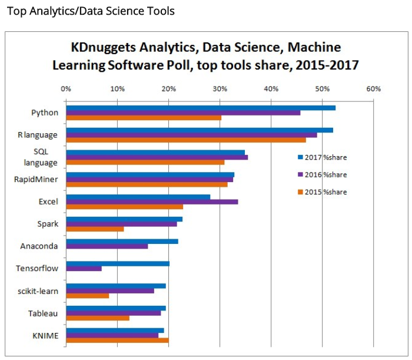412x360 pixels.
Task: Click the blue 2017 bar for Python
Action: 200,108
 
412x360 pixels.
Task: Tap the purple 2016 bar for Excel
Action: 152,202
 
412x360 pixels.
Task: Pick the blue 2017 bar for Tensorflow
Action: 118,263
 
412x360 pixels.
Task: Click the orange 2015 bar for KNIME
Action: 117,340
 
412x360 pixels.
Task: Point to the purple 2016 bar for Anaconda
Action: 107,246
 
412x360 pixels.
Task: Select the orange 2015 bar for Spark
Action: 95,229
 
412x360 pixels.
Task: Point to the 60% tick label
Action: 373,89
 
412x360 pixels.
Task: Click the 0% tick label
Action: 66,89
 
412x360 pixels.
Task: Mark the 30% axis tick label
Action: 220,89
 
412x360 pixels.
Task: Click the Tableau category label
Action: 43,313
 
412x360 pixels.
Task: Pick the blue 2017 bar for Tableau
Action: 115,308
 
